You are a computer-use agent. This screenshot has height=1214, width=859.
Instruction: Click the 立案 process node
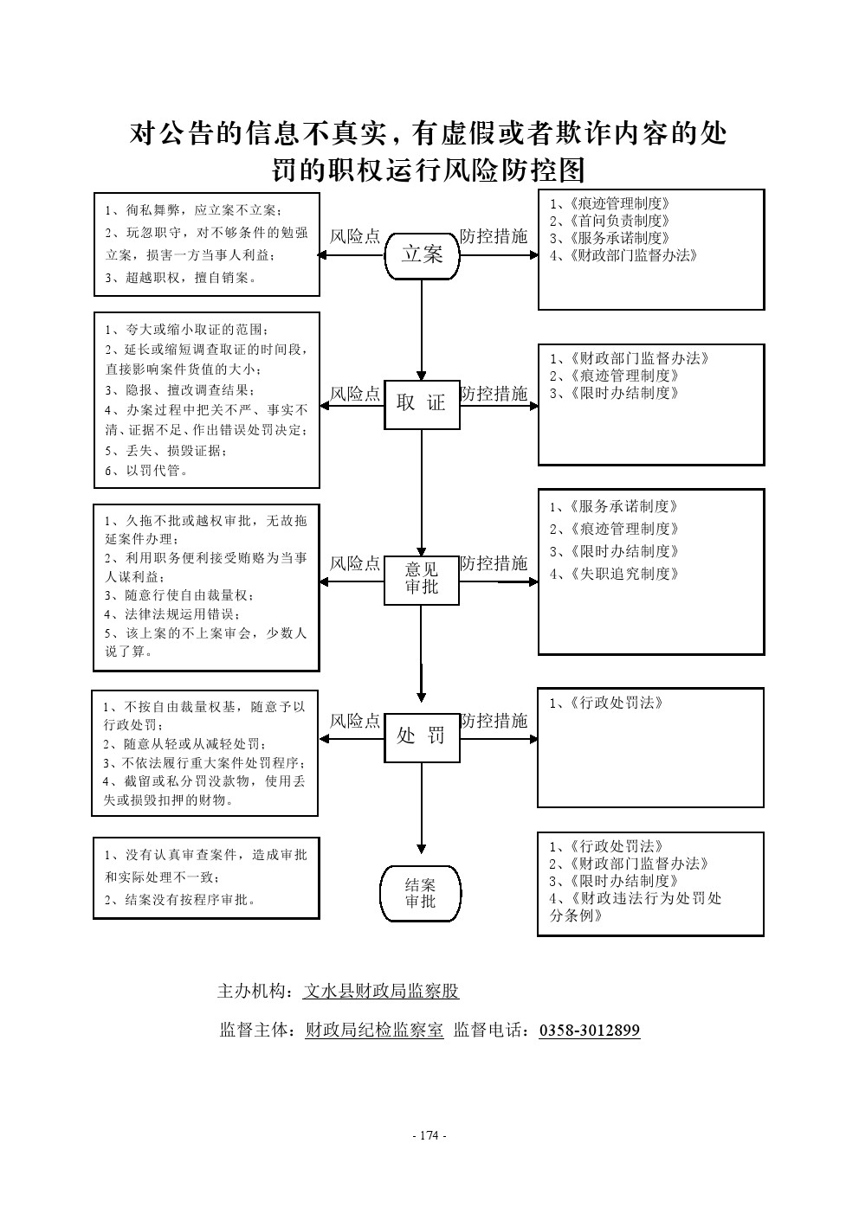(x=422, y=254)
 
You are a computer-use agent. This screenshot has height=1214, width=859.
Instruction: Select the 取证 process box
(x=422, y=403)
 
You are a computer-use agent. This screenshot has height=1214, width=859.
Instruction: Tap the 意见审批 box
(x=422, y=579)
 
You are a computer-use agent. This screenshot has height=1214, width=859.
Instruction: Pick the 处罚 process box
(x=422, y=736)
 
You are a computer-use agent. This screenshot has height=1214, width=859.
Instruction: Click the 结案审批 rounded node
(x=421, y=893)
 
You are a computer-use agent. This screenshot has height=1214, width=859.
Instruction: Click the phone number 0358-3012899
(x=589, y=1030)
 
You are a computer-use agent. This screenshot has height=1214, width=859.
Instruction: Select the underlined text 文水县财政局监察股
(x=381, y=991)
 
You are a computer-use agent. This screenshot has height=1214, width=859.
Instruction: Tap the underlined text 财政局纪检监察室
(x=374, y=1030)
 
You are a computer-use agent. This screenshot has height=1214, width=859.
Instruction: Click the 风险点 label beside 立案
(x=355, y=236)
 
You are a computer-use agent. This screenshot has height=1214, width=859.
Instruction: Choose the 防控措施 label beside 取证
(x=494, y=394)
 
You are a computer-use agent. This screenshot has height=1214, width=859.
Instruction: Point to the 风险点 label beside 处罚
(x=355, y=721)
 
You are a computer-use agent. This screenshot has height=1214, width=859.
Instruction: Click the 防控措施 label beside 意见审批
(x=494, y=563)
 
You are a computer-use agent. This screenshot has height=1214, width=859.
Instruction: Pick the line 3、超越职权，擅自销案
(x=181, y=278)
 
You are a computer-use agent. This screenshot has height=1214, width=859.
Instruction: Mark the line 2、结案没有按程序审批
(x=181, y=899)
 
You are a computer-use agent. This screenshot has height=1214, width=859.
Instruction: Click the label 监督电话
(x=491, y=1030)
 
